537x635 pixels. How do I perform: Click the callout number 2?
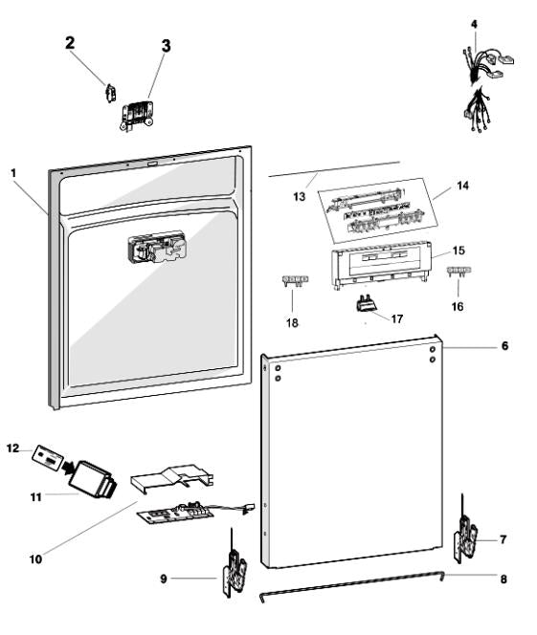pos(70,42)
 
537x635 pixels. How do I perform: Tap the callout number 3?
pos(167,46)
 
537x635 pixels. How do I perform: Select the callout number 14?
pos(462,186)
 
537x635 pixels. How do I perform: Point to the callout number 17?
pos(397,319)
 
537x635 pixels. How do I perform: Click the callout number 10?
pos(35,559)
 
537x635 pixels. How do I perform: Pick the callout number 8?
pos(503,580)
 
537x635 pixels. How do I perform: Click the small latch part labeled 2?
pos(110,94)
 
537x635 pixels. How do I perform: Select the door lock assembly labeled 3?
pos(137,116)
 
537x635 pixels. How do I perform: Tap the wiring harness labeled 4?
pos(486,89)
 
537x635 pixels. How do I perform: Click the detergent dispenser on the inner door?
pos(157,248)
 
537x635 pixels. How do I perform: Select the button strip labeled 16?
pos(459,272)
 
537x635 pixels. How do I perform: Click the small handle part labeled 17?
pos(367,303)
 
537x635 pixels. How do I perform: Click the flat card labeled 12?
pos(48,458)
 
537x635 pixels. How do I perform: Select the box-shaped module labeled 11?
pos(93,479)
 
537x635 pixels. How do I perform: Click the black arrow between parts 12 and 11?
pos(68,469)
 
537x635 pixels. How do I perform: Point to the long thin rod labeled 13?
pos(334,169)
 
